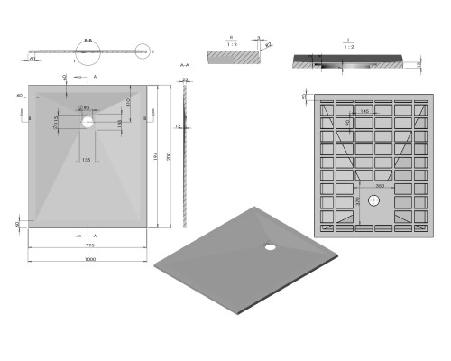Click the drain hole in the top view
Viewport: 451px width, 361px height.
[87, 119]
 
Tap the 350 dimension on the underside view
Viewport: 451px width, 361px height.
[380, 184]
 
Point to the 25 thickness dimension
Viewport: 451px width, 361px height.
[185, 80]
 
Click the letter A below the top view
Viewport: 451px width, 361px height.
[94, 235]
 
